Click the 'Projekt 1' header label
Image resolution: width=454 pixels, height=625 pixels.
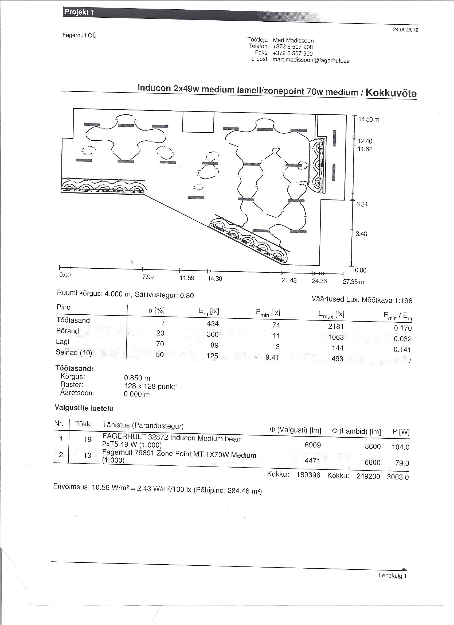[79, 12]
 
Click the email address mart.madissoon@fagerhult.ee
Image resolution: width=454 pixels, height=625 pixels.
[311, 60]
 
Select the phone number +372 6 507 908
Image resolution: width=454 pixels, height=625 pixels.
[293, 47]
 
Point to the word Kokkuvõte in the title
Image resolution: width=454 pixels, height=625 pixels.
[391, 93]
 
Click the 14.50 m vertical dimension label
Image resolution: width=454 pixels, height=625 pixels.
[369, 119]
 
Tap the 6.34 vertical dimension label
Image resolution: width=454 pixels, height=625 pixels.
[362, 204]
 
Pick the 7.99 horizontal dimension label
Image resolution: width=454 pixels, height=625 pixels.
[148, 277]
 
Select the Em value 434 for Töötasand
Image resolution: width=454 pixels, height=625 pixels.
[213, 323]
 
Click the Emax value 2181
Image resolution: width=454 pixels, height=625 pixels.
[336, 327]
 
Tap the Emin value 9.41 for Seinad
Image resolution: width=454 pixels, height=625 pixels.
[272, 357]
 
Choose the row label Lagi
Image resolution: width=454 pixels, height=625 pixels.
[63, 342]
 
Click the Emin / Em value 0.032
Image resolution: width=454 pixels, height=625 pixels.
[402, 339]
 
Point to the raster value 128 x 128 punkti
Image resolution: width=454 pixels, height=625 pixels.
[150, 386]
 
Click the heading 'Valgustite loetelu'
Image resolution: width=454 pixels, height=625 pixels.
[84, 408]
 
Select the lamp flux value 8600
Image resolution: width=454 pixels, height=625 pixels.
[373, 446]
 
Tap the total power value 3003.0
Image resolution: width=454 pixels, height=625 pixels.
[398, 477]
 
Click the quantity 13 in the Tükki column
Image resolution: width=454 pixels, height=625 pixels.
[87, 455]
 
